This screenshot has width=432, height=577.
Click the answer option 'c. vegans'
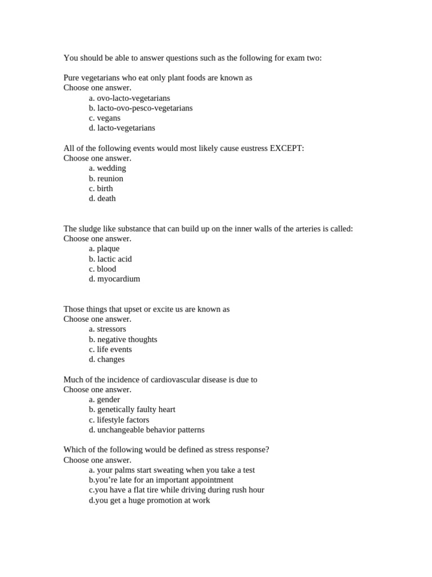tap(105, 118)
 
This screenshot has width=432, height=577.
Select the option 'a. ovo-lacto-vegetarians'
tap(129, 98)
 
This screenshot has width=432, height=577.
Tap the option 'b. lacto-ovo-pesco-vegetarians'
tap(141, 108)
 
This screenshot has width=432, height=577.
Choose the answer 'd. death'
tap(102, 198)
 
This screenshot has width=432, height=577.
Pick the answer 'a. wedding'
tap(107, 168)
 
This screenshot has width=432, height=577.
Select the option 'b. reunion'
tap(106, 179)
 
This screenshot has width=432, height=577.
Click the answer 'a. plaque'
tap(104, 248)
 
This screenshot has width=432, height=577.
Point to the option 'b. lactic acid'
tap(110, 259)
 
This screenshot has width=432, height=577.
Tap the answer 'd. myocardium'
tap(115, 279)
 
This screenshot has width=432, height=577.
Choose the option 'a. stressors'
tap(107, 329)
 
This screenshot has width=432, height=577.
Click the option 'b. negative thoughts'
tap(123, 339)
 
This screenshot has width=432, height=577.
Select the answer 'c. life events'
tap(110, 349)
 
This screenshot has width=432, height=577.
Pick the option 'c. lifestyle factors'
tap(119, 420)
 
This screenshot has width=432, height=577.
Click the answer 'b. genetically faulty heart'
tap(132, 410)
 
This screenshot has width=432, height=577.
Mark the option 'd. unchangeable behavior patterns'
tap(147, 430)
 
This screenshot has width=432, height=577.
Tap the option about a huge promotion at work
tap(150, 500)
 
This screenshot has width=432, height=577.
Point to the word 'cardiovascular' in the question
tap(169, 380)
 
